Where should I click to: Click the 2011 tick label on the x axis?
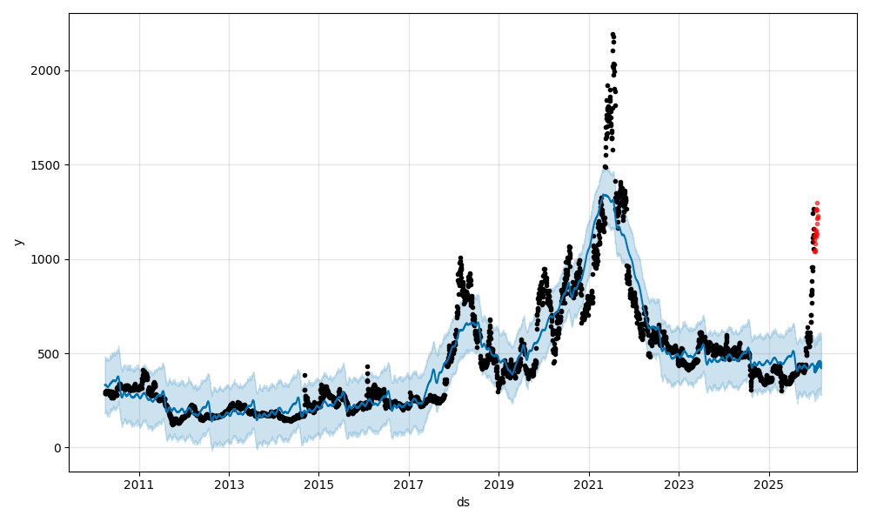[139, 485]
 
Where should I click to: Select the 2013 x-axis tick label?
[229, 485]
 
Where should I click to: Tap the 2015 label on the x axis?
[318, 485]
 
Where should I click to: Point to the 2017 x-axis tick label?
[409, 485]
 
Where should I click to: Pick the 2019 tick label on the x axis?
[499, 485]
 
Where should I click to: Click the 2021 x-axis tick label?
[589, 485]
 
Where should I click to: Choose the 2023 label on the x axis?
[679, 485]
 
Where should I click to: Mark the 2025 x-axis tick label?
[768, 485]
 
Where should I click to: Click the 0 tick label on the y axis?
[57, 448]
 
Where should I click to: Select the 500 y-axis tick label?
[50, 354]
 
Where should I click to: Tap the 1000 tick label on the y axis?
[47, 259]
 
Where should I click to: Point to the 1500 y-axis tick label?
[47, 165]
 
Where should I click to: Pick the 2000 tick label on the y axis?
[47, 70]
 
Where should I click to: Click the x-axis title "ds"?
[463, 502]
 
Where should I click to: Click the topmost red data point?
[817, 203]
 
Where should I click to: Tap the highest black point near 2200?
[612, 34]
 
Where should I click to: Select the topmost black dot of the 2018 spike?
[460, 258]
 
